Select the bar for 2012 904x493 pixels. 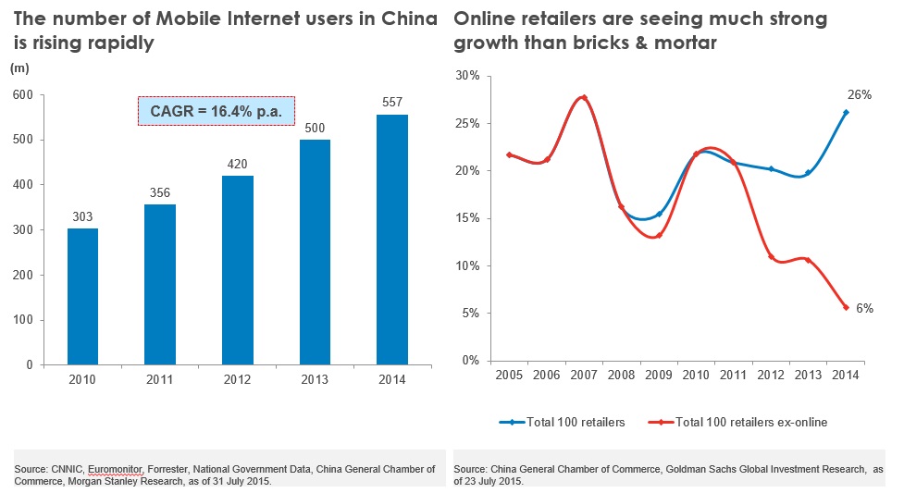click(x=238, y=270)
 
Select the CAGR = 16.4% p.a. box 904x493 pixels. click(x=217, y=111)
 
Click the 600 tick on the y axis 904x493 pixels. click(x=21, y=95)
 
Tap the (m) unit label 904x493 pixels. click(x=19, y=68)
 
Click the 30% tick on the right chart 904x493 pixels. click(x=468, y=76)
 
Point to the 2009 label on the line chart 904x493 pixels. click(x=657, y=375)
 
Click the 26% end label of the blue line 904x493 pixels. click(x=861, y=94)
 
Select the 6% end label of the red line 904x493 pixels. click(x=864, y=308)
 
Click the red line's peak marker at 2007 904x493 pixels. click(x=584, y=98)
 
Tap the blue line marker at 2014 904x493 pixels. click(x=846, y=113)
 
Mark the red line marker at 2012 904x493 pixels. click(x=771, y=256)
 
